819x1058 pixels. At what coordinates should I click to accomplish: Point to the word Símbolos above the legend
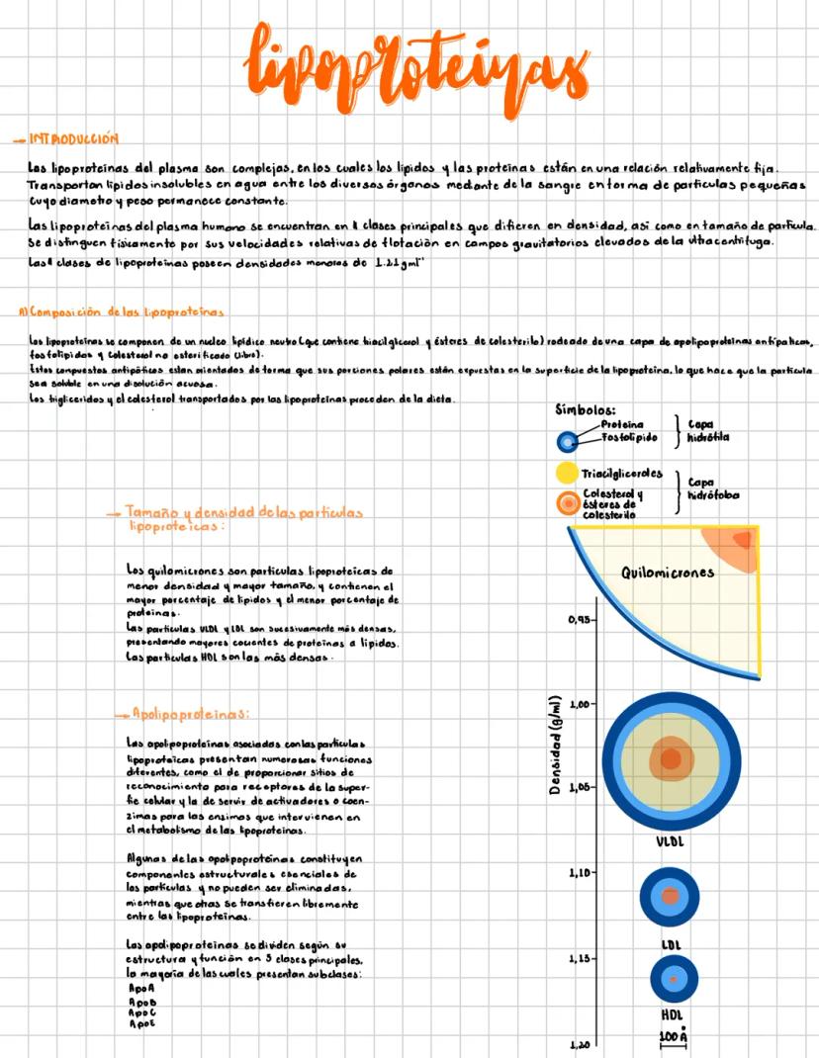pyautogui.click(x=587, y=409)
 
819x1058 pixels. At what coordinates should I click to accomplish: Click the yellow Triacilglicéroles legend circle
pyautogui.click(x=567, y=473)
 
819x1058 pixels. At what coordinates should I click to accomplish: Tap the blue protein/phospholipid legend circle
pyautogui.click(x=567, y=441)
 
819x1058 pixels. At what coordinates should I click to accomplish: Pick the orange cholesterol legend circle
pyautogui.click(x=567, y=503)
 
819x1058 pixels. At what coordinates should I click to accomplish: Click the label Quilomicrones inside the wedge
pyautogui.click(x=668, y=572)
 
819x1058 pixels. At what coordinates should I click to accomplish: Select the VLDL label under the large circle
pyautogui.click(x=671, y=842)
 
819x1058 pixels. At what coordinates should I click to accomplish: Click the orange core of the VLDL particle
pyautogui.click(x=671, y=759)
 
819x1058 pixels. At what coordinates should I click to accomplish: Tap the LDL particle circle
pyautogui.click(x=671, y=896)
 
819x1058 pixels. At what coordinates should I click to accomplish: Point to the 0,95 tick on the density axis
pyautogui.click(x=582, y=620)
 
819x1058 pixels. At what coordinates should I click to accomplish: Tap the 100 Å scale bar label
pyautogui.click(x=673, y=1037)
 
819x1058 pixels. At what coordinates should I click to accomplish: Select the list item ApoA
pyautogui.click(x=141, y=988)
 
